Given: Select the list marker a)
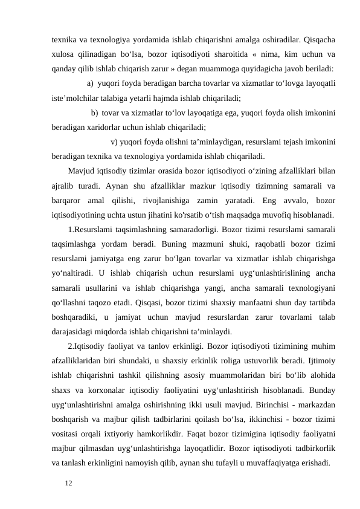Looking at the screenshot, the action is [x=90, y=83].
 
